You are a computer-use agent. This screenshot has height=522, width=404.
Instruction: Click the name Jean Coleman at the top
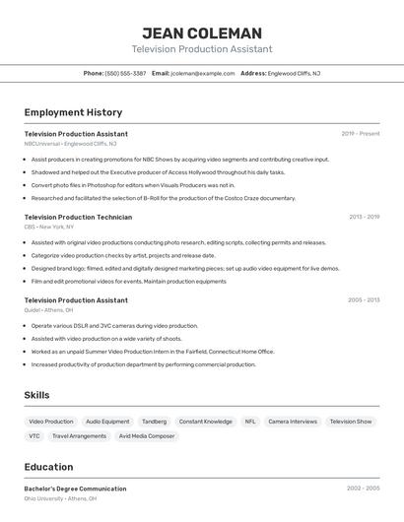click(201, 33)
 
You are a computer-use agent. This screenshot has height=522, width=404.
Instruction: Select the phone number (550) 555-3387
click(125, 73)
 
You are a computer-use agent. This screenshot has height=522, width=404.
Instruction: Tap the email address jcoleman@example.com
click(202, 73)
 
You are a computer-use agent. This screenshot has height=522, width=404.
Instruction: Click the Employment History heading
click(73, 112)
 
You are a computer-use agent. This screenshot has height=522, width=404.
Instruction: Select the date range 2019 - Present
click(360, 133)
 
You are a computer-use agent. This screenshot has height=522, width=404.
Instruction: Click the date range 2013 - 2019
click(364, 217)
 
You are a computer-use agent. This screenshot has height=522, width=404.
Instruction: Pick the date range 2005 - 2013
click(364, 299)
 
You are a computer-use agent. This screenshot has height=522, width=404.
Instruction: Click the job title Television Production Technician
click(78, 217)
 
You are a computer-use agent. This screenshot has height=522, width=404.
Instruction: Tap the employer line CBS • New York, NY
click(49, 227)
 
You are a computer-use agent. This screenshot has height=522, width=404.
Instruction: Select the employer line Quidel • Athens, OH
click(48, 309)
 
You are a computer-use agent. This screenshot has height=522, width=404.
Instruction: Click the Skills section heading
click(36, 395)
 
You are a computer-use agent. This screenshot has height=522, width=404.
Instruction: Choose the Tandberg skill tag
click(154, 422)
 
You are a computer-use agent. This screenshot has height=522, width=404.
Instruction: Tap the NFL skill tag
click(250, 422)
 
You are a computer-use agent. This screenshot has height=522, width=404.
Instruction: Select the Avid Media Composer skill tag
click(147, 435)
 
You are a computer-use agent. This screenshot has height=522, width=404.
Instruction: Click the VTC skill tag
click(34, 435)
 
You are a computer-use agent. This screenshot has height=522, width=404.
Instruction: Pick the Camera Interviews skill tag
click(293, 422)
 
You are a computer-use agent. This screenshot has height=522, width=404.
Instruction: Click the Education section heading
click(48, 467)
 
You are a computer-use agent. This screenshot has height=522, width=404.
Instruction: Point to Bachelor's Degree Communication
click(75, 489)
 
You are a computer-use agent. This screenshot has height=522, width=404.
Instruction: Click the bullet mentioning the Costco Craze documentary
click(163, 198)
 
